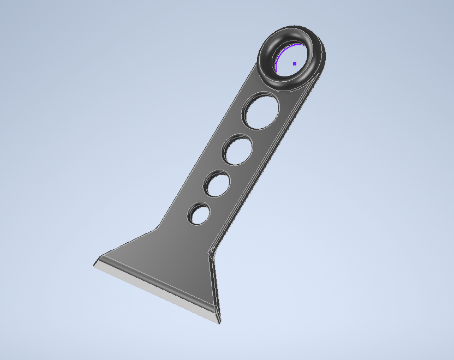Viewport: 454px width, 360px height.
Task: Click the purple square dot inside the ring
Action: point(295,64)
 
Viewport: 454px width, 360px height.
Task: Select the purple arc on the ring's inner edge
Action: point(278,61)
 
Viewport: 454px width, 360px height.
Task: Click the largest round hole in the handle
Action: point(261,111)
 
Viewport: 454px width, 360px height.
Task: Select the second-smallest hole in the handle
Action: point(218,184)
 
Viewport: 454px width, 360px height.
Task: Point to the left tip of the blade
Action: point(94,264)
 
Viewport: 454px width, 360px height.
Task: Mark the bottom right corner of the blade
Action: point(219,321)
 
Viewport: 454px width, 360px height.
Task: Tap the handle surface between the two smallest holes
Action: point(208,199)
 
